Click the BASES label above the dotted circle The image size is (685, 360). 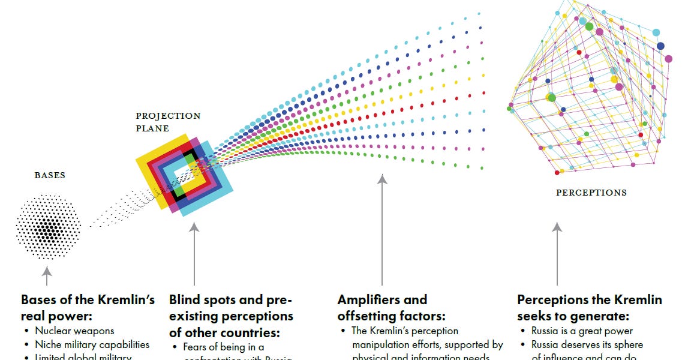[50, 176]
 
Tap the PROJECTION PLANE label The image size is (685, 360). [168, 122]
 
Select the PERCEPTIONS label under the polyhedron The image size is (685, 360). [591, 193]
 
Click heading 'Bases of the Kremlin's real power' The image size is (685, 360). [88, 307]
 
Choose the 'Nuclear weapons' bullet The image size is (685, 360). [74, 331]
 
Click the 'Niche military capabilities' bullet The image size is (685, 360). [92, 344]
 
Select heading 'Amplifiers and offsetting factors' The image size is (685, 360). [383, 307]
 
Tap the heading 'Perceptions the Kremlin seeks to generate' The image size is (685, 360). [590, 307]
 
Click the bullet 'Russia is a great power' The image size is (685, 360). [582, 331]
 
